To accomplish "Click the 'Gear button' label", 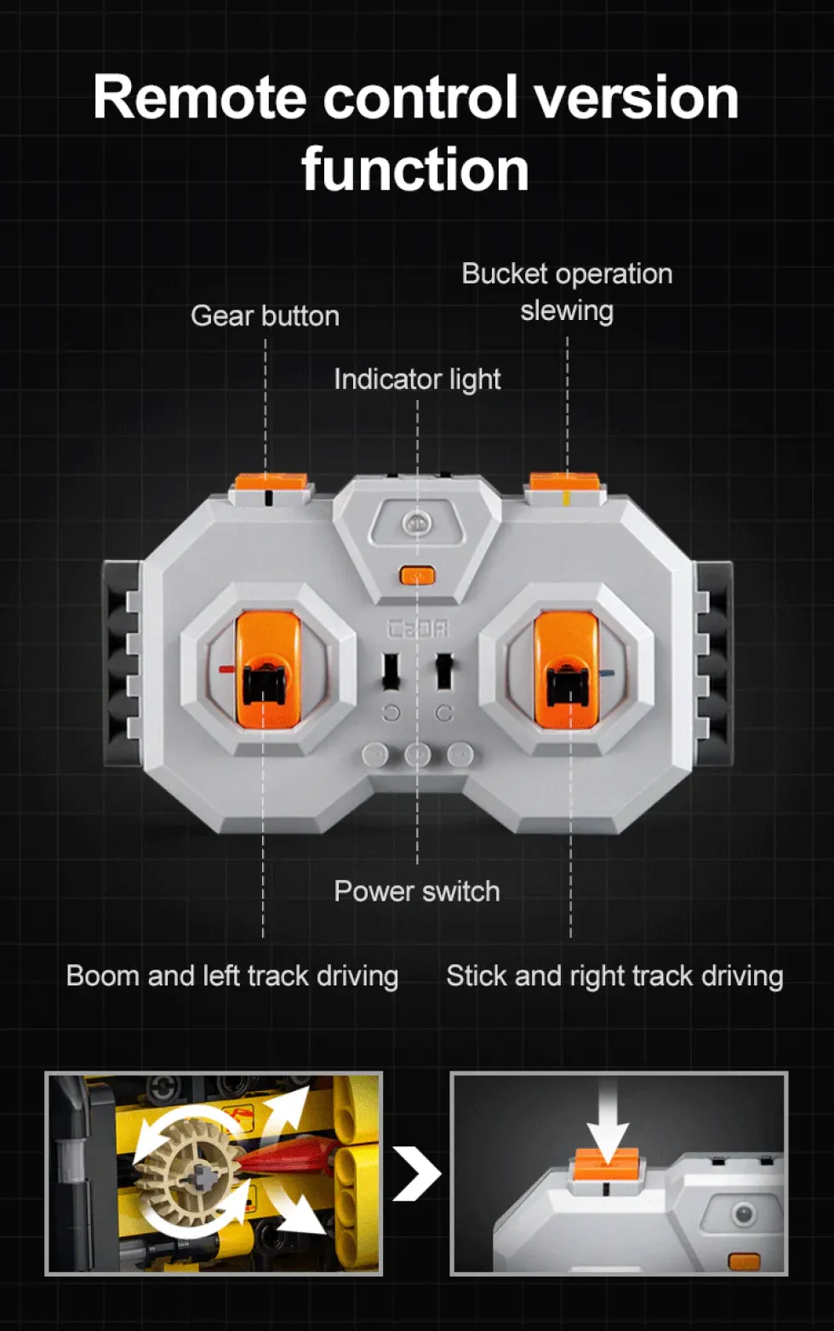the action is tap(265, 316).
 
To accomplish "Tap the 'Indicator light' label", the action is tap(417, 379).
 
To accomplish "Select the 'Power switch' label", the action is tap(417, 891).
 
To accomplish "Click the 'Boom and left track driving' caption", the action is tap(232, 976).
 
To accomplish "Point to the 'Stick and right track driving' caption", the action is tap(614, 976).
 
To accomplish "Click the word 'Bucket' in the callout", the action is tap(505, 274).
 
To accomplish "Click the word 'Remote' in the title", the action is tap(200, 98).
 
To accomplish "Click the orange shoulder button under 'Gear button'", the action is tap(271, 482).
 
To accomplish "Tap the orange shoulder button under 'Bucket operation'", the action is tap(564, 482).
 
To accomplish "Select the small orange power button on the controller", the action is tap(418, 574).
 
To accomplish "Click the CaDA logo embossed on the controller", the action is tap(418, 629).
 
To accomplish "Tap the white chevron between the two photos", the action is tap(417, 1174).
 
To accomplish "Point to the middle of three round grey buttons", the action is tap(418, 755).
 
